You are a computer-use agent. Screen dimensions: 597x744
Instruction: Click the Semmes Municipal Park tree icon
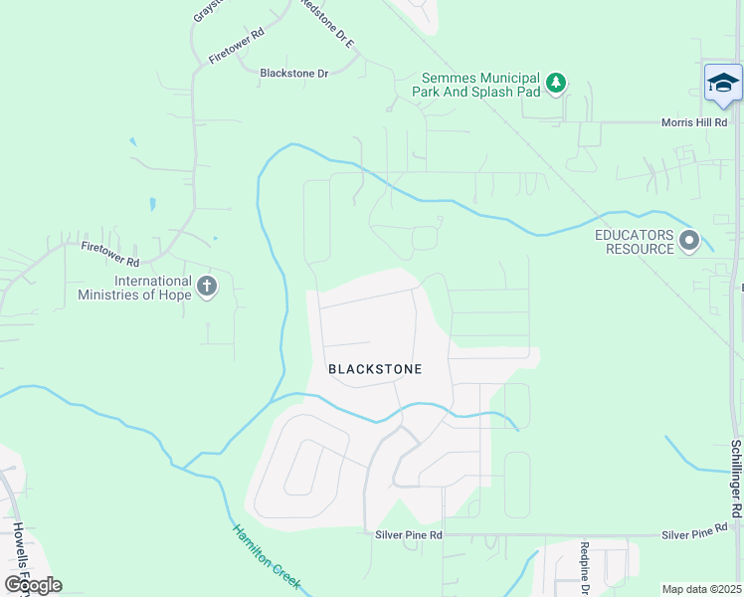point(557,82)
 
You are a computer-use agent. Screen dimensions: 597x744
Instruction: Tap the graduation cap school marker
point(723,83)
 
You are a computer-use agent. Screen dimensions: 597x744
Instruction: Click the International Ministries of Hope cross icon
point(207,288)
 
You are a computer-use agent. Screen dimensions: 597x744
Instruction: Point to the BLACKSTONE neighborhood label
point(375,369)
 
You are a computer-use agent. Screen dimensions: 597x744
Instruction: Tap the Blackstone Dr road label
point(293,73)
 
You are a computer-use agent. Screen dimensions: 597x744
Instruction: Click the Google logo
point(33,584)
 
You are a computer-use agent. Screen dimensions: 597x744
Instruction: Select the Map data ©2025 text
point(702,589)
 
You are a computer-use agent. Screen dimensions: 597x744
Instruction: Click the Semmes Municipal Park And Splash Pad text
point(479,85)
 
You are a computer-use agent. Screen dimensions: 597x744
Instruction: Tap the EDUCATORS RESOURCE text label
point(634,242)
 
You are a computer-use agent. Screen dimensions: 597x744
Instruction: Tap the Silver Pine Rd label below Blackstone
point(409,534)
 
